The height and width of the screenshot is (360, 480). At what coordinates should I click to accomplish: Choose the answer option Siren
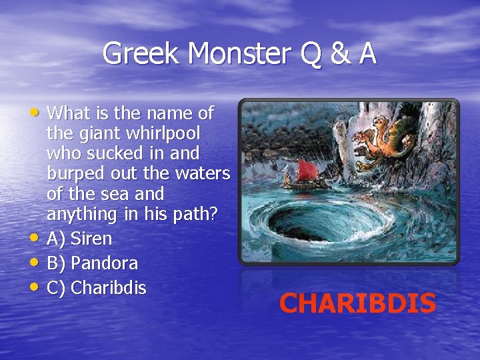(91, 238)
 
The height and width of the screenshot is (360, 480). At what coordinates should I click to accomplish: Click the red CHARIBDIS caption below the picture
(357, 303)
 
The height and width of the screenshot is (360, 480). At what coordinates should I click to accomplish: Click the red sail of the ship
(307, 169)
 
